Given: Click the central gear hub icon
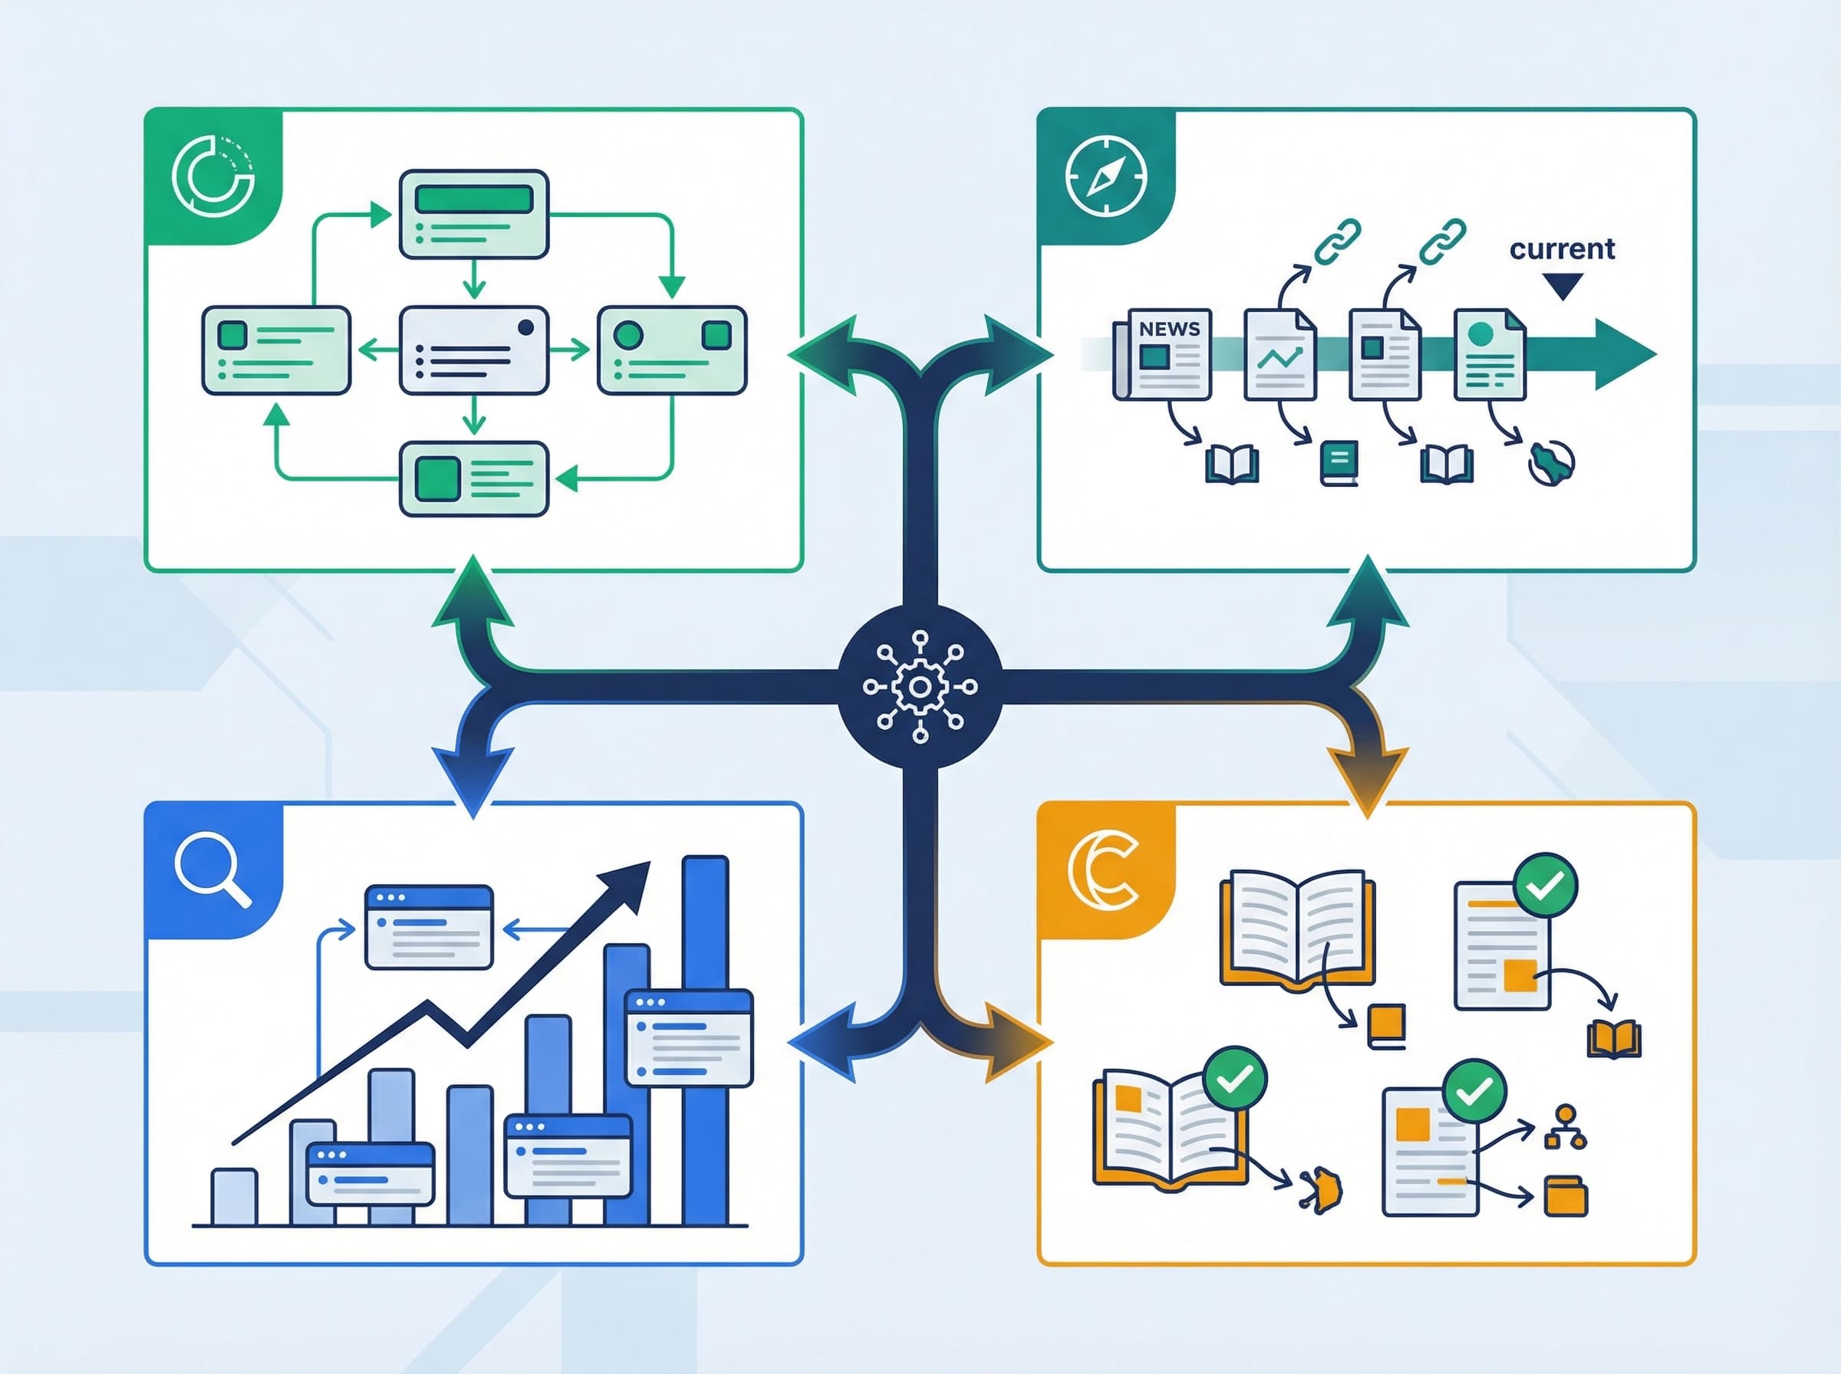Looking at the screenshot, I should (919, 687).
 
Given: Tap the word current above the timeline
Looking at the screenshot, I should (1562, 248).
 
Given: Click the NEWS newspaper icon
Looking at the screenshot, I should (1163, 353).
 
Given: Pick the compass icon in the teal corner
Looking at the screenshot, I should (1105, 176).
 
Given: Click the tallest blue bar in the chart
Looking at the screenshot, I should (705, 1040).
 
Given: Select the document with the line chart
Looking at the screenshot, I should (1279, 354).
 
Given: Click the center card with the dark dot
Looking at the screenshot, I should (473, 350).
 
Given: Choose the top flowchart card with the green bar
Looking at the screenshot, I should (473, 214).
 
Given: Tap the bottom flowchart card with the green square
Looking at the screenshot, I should (473, 479).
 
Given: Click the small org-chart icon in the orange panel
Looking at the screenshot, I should (1565, 1128).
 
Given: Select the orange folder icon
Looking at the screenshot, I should (1565, 1196).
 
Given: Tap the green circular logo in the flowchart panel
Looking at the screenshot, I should (213, 176).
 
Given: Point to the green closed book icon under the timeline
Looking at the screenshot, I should (1339, 462).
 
